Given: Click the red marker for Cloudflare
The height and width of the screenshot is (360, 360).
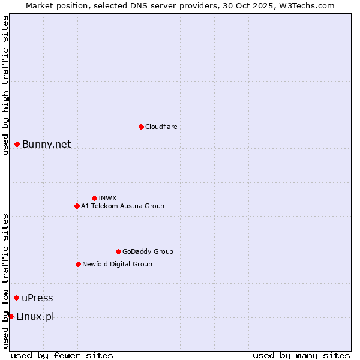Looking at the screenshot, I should click(x=141, y=127).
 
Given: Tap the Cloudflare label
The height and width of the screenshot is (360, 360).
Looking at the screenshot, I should click(x=161, y=127).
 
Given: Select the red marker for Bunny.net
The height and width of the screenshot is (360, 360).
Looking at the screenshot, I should click(x=17, y=144).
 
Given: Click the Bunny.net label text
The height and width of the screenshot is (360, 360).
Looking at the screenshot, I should click(x=46, y=144).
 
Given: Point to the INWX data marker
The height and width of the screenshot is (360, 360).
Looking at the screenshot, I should click(x=94, y=198).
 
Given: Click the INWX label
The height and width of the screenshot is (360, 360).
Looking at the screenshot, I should click(x=107, y=198).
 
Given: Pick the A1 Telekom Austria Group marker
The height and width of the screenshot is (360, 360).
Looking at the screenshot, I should click(x=77, y=206).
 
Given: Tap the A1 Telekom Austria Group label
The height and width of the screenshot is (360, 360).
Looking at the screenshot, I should click(x=122, y=206).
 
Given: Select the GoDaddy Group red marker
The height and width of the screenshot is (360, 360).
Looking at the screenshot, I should click(x=118, y=251).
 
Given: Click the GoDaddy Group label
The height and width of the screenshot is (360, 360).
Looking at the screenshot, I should click(x=148, y=251).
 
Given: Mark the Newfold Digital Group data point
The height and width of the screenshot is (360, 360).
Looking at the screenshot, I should click(x=78, y=264).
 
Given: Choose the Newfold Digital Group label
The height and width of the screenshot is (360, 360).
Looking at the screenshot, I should click(x=117, y=264).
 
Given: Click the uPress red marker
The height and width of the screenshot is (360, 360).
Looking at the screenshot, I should click(x=16, y=298).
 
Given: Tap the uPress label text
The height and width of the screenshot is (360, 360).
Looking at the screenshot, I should click(x=37, y=298).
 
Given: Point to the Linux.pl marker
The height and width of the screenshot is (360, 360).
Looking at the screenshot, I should click(x=11, y=316).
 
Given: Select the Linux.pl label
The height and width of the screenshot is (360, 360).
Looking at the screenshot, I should click(x=35, y=317).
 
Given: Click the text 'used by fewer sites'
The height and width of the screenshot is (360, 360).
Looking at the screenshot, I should click(x=62, y=355).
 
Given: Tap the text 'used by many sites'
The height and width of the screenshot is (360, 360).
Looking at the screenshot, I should click(x=301, y=355).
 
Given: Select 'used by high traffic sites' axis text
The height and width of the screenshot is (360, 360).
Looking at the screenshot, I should click(x=5, y=85).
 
